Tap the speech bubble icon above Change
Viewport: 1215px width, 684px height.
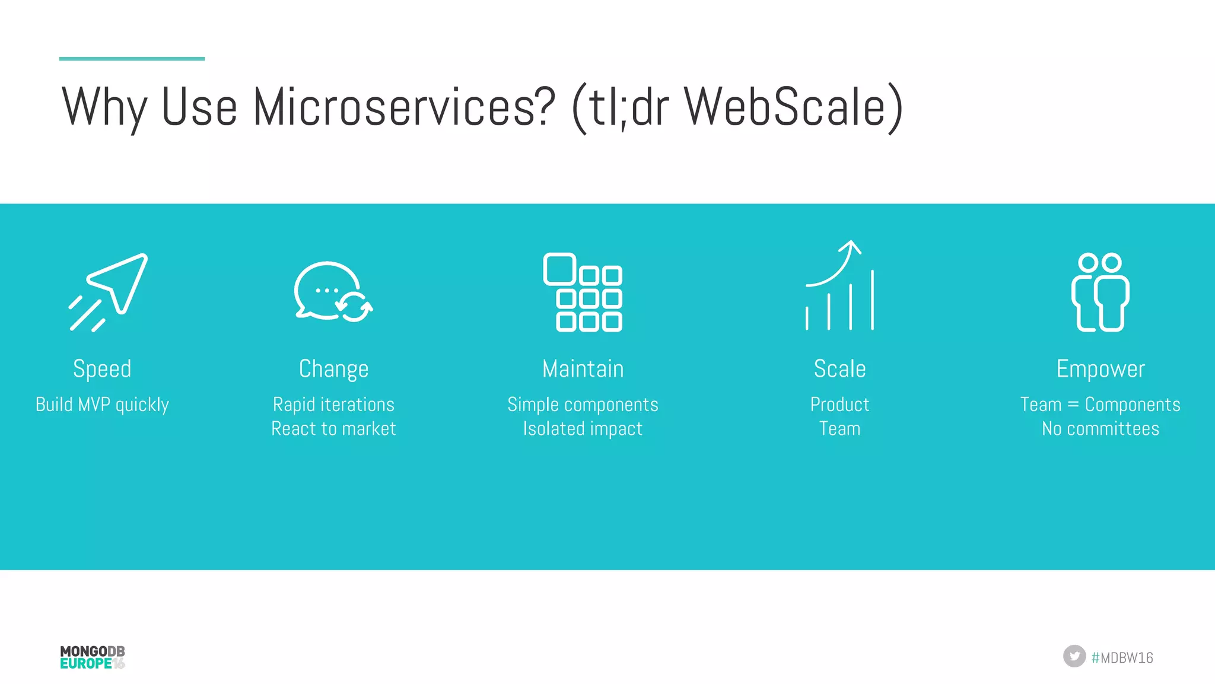pyautogui.click(x=332, y=291)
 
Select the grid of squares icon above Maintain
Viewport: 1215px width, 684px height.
pyautogui.click(x=583, y=292)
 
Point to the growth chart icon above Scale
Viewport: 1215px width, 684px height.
pyautogui.click(x=839, y=286)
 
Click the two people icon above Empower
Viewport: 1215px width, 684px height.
pyautogui.click(x=1101, y=292)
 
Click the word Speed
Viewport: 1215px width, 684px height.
pyautogui.click(x=102, y=369)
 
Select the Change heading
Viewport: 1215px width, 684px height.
pyautogui.click(x=333, y=369)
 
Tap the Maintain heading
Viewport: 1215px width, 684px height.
pyautogui.click(x=583, y=369)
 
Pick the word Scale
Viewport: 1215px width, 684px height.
pyautogui.click(x=839, y=369)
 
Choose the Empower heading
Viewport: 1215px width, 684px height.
pyautogui.click(x=1101, y=369)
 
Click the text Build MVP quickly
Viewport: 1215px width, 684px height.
pyautogui.click(x=102, y=405)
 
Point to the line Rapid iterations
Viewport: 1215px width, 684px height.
pyautogui.click(x=333, y=405)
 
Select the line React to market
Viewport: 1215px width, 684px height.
pyautogui.click(x=333, y=429)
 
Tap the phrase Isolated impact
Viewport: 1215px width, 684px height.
pyautogui.click(x=583, y=429)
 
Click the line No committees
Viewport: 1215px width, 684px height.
pyautogui.click(x=1101, y=429)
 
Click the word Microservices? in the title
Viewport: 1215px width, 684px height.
pyautogui.click(x=404, y=107)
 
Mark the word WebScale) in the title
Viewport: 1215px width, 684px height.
pyautogui.click(x=793, y=107)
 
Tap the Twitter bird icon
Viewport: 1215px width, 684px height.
pyautogui.click(x=1074, y=656)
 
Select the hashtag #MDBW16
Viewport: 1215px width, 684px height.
pyautogui.click(x=1122, y=657)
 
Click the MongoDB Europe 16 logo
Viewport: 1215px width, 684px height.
pyautogui.click(x=93, y=657)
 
